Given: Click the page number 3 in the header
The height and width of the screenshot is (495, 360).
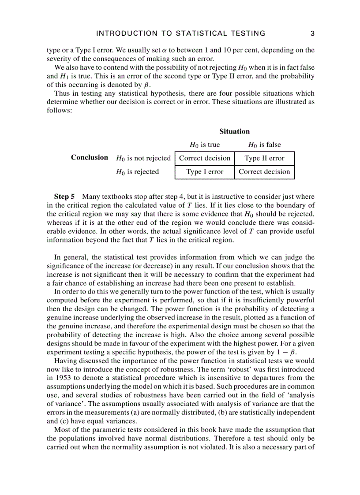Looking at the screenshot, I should tap(312, 33).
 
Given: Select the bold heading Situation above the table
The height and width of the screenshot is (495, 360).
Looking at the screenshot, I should tap(234, 131).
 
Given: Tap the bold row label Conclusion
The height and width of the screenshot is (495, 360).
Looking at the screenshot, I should tap(90, 157).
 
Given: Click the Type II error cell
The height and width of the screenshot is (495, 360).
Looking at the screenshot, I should tap(264, 158).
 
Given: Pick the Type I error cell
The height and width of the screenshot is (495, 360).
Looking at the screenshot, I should tap(205, 172).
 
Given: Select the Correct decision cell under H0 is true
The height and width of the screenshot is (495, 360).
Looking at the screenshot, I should tap(205, 158).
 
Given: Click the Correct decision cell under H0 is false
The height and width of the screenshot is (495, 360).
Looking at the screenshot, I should tap(264, 172).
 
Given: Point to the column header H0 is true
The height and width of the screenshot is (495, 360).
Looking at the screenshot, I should tap(204, 145).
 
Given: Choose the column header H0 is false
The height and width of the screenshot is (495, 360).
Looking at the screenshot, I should tap(264, 145).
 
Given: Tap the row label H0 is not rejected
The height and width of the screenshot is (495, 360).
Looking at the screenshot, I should tap(143, 158).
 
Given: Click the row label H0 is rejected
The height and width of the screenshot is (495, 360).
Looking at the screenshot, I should tap(137, 172).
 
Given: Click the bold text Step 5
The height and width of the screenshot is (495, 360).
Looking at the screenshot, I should tap(64, 196).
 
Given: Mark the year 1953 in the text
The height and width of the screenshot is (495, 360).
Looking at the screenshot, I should tap(56, 378).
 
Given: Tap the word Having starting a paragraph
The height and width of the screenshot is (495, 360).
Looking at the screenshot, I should tap(66, 361).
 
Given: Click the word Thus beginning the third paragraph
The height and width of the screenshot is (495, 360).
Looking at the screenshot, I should tap(62, 93).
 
